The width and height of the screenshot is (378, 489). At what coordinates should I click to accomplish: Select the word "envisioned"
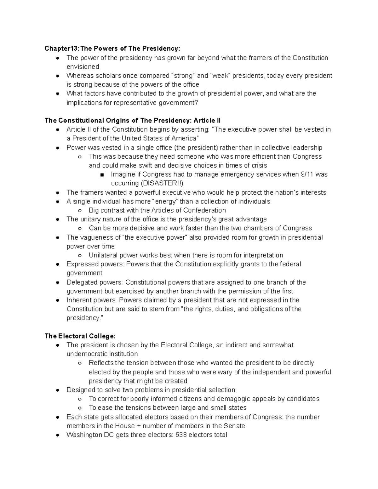click(83, 67)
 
